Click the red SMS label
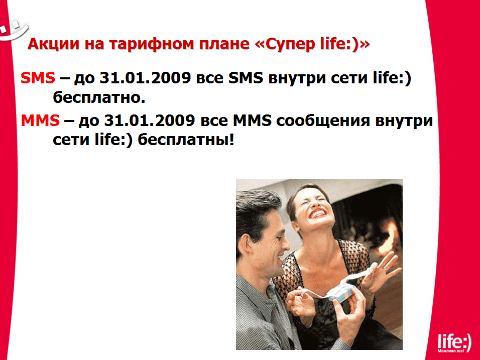click(38, 78)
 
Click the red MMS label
click(40, 121)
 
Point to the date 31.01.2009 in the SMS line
click(146, 78)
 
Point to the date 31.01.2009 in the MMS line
click(150, 121)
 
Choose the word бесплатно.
click(99, 97)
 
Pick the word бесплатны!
click(186, 140)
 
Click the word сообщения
click(323, 121)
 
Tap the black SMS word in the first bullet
click(246, 78)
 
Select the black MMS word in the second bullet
click(252, 121)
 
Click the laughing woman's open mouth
click(317, 213)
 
